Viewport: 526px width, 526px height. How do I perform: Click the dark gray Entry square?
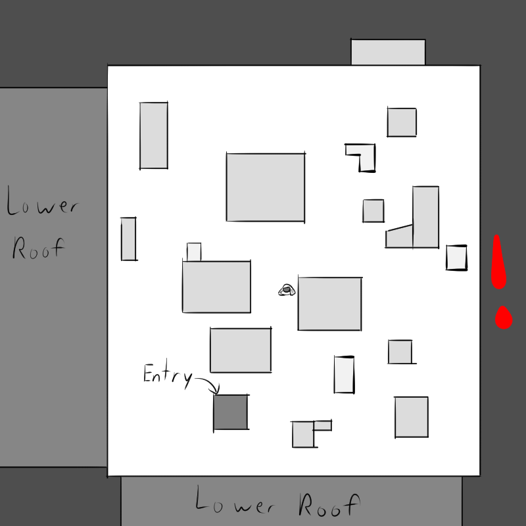click(x=231, y=412)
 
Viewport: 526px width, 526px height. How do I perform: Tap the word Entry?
click(x=168, y=375)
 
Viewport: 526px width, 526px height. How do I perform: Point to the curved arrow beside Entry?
click(x=208, y=385)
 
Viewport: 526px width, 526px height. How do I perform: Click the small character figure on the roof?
click(x=287, y=290)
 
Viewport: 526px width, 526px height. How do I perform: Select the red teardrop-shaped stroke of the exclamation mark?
click(x=498, y=262)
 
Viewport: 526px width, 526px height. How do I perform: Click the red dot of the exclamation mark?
click(x=504, y=318)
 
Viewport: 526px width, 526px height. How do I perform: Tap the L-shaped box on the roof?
click(x=360, y=157)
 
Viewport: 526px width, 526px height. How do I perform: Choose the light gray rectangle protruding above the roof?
click(x=388, y=52)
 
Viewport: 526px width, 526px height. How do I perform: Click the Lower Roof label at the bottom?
click(x=277, y=502)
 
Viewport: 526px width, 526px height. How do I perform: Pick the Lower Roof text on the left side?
click(x=42, y=222)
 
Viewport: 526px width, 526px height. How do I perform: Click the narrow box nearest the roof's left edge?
click(x=128, y=239)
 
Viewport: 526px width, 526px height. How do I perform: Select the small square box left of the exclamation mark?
click(x=456, y=257)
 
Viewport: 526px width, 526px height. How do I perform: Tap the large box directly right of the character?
click(x=330, y=304)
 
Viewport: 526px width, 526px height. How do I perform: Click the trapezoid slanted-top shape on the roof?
click(x=399, y=236)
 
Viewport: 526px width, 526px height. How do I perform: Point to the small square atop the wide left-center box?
click(x=194, y=252)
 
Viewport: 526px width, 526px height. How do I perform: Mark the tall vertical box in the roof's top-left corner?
click(x=154, y=135)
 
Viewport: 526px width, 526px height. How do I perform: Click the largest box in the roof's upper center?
click(x=266, y=187)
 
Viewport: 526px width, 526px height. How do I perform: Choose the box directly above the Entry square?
click(x=241, y=350)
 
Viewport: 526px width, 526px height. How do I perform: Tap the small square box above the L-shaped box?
click(x=402, y=122)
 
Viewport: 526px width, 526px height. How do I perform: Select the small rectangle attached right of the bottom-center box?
click(x=323, y=425)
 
